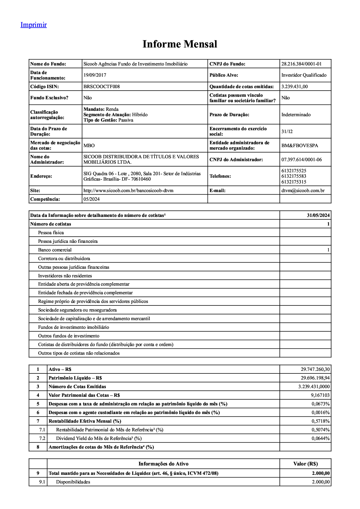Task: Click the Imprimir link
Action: [x=33, y=25]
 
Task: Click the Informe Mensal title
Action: [x=180, y=44]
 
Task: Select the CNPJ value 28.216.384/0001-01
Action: [x=301, y=64]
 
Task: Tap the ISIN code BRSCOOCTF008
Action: [x=102, y=87]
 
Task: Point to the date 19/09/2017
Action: [x=95, y=75]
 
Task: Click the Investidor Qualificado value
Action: [x=304, y=75]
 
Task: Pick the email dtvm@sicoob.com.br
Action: [x=303, y=191]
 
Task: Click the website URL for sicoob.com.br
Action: [x=128, y=191]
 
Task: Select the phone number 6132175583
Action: [x=294, y=176]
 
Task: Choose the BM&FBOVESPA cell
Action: [x=300, y=146]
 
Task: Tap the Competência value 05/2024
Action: [x=91, y=199]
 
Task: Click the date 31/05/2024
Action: [x=318, y=215]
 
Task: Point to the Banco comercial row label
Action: [x=55, y=250]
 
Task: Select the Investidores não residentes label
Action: [x=65, y=276]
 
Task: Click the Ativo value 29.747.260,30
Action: [x=315, y=369]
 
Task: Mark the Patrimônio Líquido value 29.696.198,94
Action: [x=315, y=378]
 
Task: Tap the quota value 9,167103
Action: [x=320, y=395]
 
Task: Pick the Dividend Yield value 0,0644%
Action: [x=320, y=438]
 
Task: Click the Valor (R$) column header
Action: [x=305, y=464]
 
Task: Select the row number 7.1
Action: [x=42, y=430]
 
